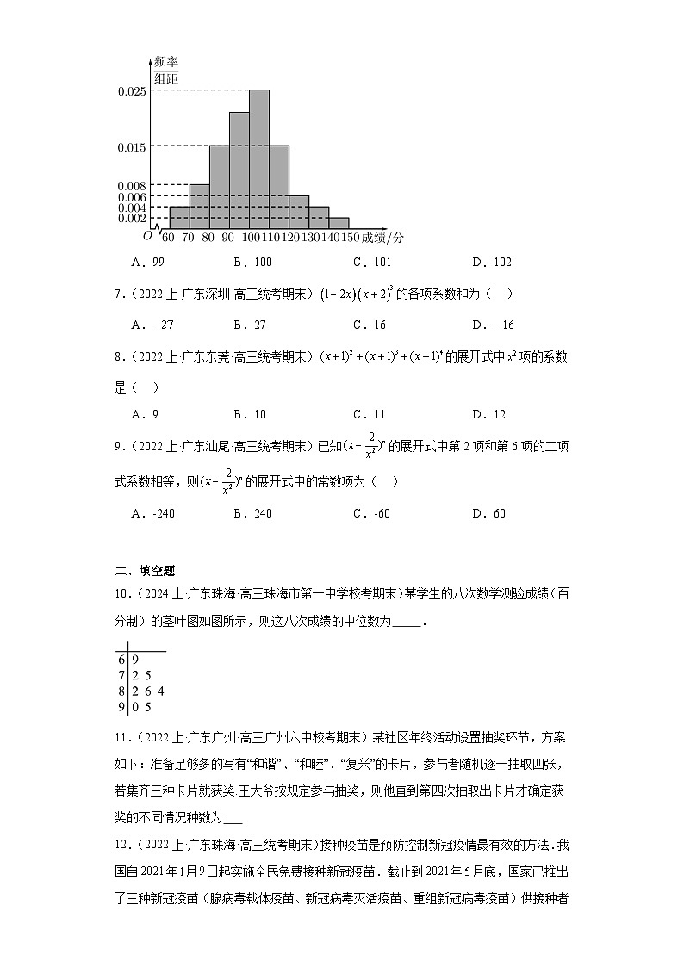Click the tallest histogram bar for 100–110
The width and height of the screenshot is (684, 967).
[259, 159]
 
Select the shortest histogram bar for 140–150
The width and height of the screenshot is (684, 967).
[339, 223]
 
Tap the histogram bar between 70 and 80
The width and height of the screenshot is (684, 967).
[199, 207]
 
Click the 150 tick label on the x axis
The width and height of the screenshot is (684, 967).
[349, 238]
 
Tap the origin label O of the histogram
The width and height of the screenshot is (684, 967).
[147, 236]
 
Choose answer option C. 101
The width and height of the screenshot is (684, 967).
[371, 263]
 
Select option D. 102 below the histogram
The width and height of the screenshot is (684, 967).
[491, 263]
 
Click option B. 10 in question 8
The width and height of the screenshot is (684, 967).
[252, 414]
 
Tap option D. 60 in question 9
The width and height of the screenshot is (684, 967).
[488, 514]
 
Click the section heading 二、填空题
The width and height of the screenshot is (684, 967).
[145, 569]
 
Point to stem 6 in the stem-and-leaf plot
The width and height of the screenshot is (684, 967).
[121, 659]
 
